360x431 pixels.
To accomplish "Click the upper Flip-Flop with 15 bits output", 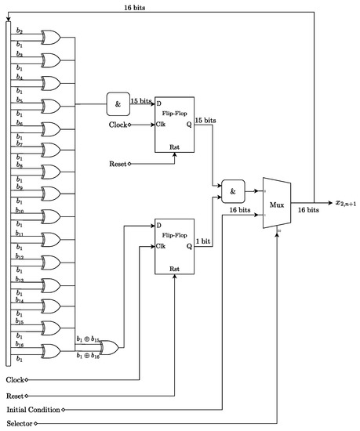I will (x=175, y=125).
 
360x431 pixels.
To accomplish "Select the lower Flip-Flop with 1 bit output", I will (x=175, y=246).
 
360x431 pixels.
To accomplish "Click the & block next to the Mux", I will (x=233, y=190).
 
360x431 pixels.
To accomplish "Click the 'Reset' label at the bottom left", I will (x=16, y=394).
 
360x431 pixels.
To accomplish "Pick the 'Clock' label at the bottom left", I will (x=16, y=379).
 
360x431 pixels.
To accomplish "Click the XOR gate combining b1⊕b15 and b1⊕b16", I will (x=108, y=346).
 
